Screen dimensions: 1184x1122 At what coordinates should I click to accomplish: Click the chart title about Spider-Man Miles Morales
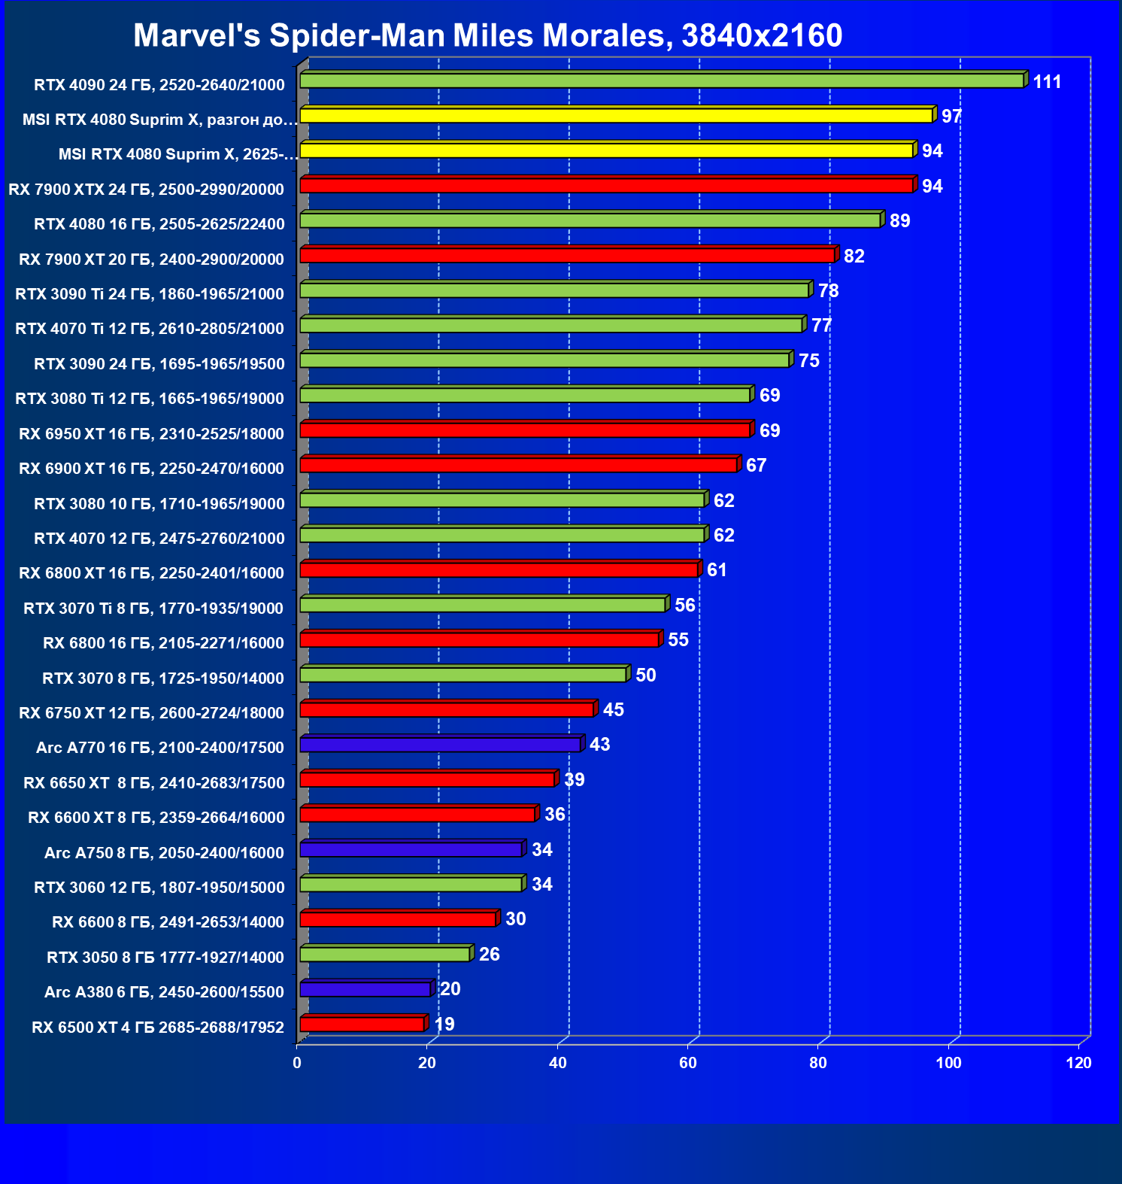pyautogui.click(x=487, y=35)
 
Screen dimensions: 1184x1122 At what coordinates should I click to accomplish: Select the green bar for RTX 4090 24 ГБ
pyautogui.click(x=662, y=80)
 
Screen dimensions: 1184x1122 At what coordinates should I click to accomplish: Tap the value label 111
pyautogui.click(x=1047, y=82)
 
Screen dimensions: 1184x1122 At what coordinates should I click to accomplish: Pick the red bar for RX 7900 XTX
pyautogui.click(x=606, y=185)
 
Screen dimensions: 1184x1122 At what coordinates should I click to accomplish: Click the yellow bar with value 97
pyautogui.click(x=616, y=115)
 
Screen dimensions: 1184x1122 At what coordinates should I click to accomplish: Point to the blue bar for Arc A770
pyautogui.click(x=440, y=745)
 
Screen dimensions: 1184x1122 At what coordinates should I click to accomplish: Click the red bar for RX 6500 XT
pyautogui.click(x=362, y=1024)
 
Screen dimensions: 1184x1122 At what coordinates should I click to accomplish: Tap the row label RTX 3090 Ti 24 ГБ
pyautogui.click(x=150, y=294)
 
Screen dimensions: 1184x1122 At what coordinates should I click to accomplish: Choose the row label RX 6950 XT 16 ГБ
pyautogui.click(x=151, y=434)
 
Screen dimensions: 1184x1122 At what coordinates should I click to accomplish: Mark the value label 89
pyautogui.click(x=899, y=221)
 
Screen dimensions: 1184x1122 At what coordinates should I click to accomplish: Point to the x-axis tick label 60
pyautogui.click(x=687, y=1063)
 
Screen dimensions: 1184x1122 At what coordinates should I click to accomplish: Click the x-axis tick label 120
pyautogui.click(x=1078, y=1063)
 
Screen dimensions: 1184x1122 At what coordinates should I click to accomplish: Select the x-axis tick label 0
pyautogui.click(x=297, y=1063)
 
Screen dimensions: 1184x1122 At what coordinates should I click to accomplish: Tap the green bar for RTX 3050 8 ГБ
pyautogui.click(x=385, y=954)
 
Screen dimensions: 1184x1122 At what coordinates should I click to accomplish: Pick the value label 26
pyautogui.click(x=489, y=955)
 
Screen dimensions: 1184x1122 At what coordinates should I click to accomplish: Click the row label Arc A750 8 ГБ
pyautogui.click(x=164, y=853)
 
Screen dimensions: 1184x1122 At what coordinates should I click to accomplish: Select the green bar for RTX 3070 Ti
pyautogui.click(x=483, y=605)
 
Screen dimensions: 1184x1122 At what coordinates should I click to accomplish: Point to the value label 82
pyautogui.click(x=854, y=257)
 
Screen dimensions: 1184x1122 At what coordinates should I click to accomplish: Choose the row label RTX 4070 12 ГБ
pyautogui.click(x=159, y=539)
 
